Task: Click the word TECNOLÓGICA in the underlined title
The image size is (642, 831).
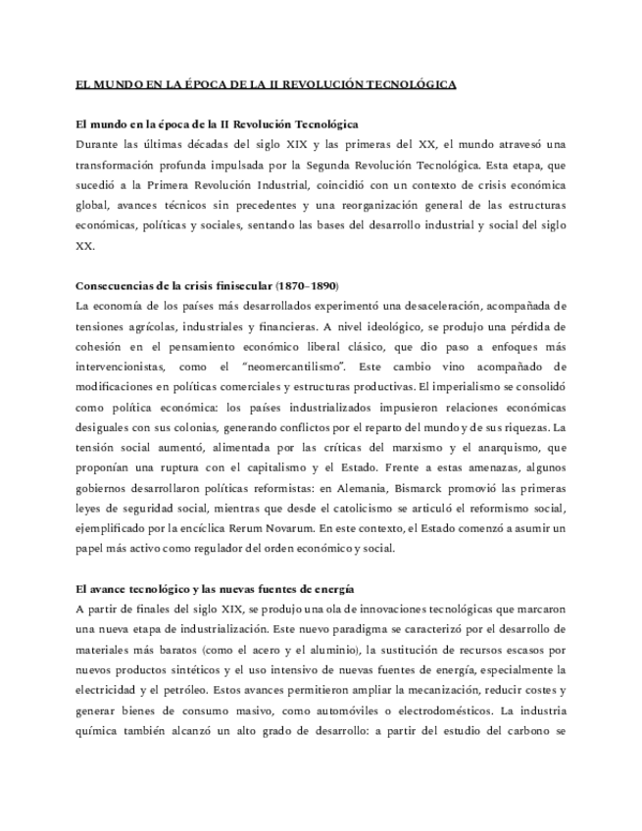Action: pyautogui.click(x=412, y=85)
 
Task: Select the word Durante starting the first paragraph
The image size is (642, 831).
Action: pyautogui.click(x=97, y=143)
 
